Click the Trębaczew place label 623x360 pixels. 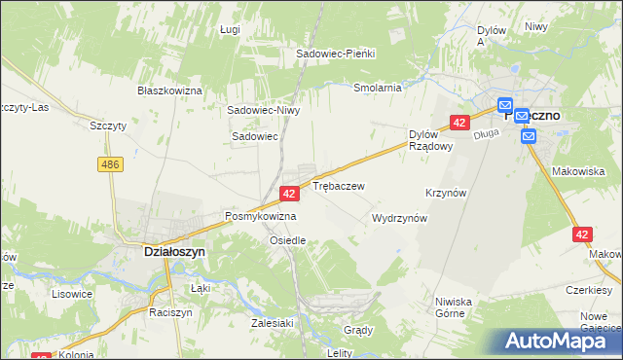(338, 185)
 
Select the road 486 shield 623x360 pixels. (110, 165)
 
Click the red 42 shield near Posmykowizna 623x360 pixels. (288, 195)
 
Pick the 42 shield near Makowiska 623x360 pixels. (582, 234)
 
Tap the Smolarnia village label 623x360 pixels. (378, 88)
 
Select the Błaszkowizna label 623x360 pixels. (169, 90)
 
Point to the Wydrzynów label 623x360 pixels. (400, 219)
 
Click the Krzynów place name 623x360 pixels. (448, 193)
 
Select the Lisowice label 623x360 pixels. (71, 293)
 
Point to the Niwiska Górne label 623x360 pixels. (454, 307)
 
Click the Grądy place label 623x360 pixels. (358, 330)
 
